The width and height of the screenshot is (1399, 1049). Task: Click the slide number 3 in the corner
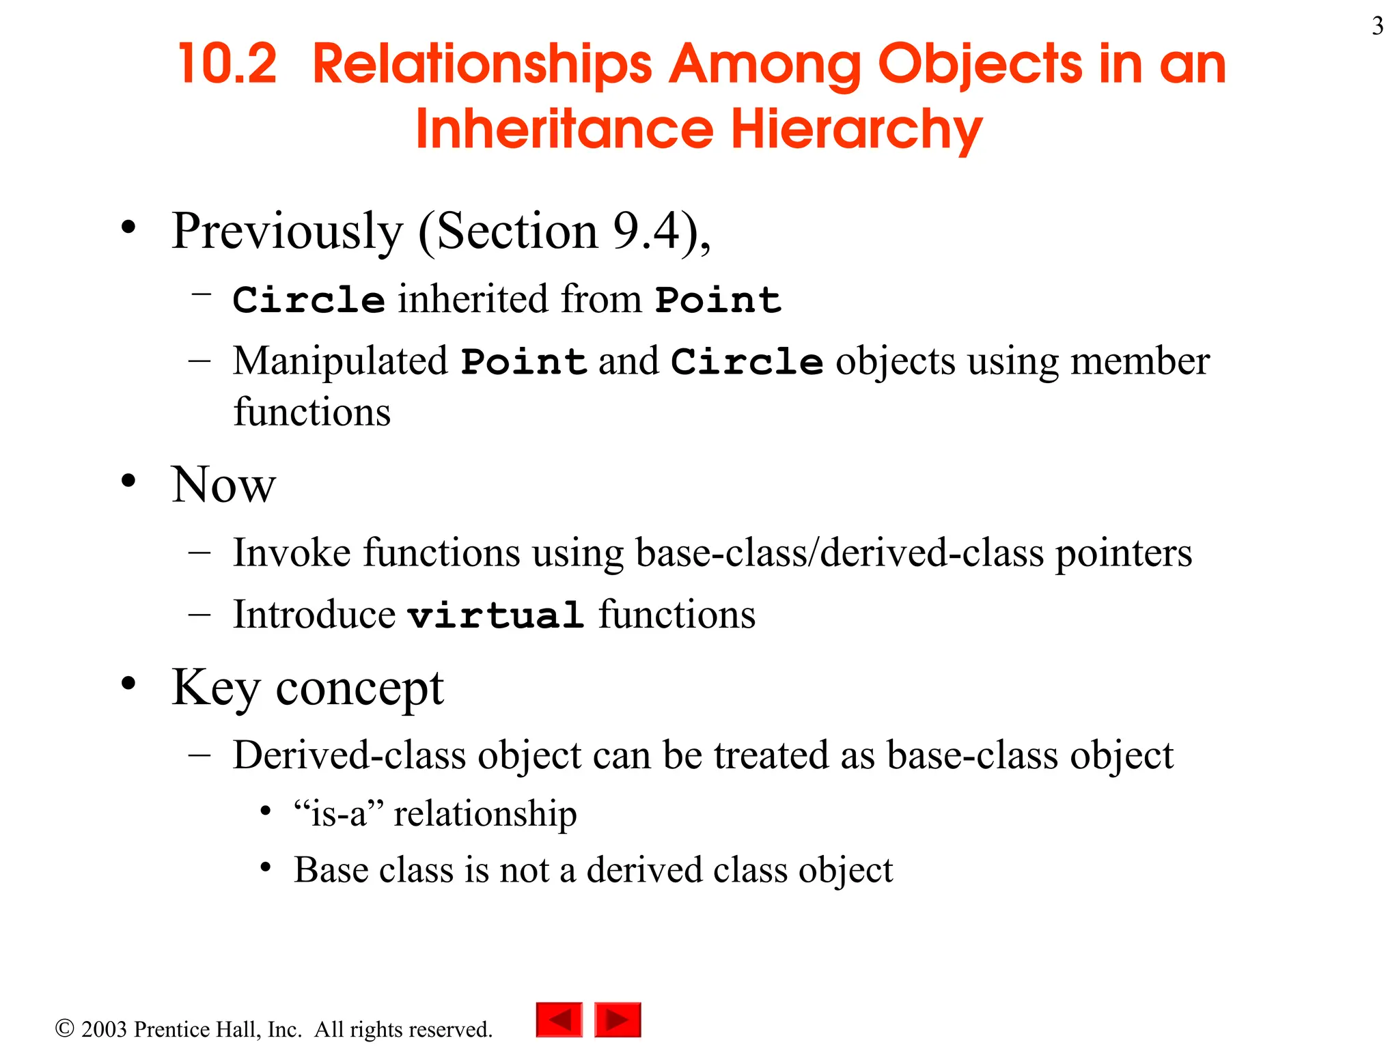tap(1377, 27)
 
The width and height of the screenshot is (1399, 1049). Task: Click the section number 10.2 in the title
tap(227, 64)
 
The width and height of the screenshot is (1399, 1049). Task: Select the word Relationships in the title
tap(482, 64)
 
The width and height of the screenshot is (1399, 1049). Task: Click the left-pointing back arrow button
tap(559, 1020)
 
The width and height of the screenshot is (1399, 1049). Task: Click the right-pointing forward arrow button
tap(618, 1020)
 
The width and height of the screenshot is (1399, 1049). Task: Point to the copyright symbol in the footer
tap(64, 1029)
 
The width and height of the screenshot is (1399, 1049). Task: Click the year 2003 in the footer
tap(104, 1029)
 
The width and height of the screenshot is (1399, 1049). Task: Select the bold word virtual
tap(495, 615)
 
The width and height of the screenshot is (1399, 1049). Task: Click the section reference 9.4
tap(646, 231)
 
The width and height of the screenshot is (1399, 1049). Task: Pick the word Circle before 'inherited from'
tap(309, 300)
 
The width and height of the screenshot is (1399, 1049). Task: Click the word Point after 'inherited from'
tap(718, 300)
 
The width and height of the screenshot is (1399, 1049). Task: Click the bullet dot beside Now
tap(128, 481)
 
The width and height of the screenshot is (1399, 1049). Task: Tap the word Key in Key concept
tap(215, 688)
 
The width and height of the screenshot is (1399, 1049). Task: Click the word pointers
tap(1123, 553)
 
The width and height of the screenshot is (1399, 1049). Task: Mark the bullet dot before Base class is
tap(266, 868)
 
